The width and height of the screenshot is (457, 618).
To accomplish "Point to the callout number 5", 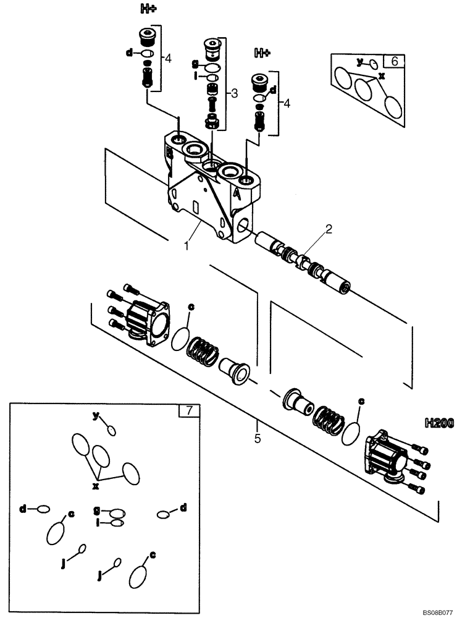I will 258,439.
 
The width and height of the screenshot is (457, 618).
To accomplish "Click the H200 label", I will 439,423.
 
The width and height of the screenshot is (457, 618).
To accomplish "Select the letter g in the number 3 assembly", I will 195,63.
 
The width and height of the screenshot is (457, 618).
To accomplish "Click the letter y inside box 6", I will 360,61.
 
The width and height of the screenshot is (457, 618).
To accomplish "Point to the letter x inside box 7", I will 95,486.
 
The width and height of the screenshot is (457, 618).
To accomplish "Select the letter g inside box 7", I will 98,510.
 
